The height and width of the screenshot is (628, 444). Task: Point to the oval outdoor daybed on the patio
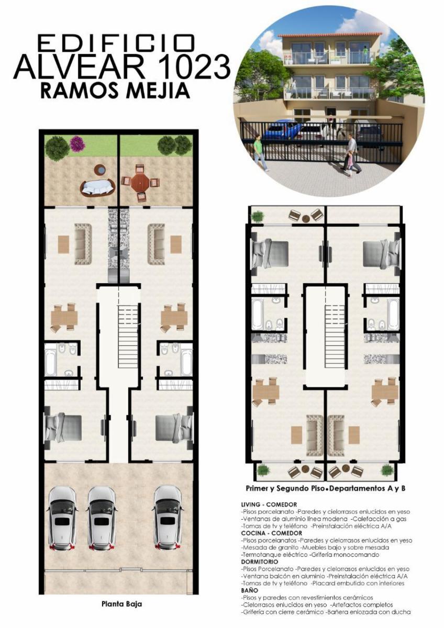98,187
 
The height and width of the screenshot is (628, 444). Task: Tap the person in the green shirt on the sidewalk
260,152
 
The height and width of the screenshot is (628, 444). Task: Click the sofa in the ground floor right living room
156,244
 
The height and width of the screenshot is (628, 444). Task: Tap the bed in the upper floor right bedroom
382,254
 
